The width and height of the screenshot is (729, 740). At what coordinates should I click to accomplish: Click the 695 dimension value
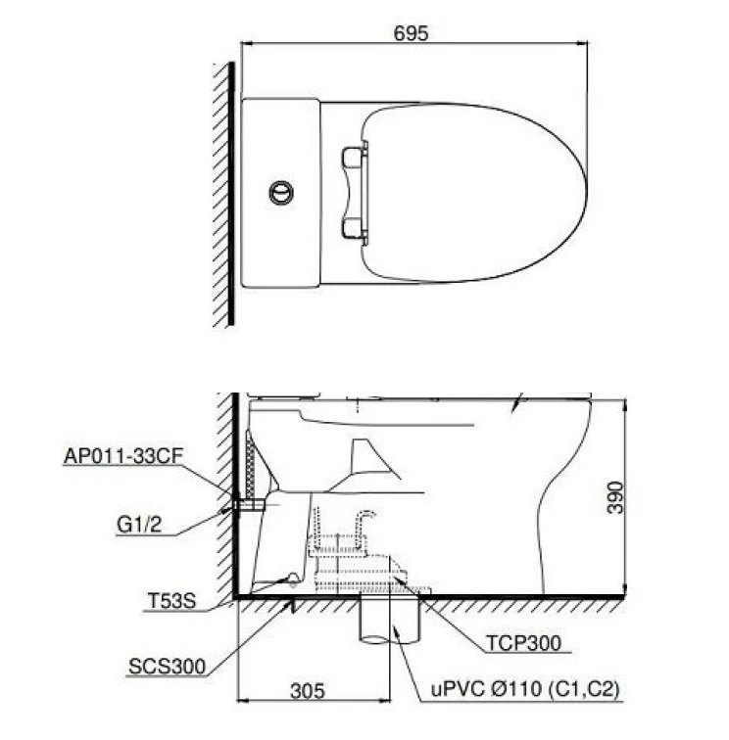413,33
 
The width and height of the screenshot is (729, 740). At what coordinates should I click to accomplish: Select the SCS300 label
167,668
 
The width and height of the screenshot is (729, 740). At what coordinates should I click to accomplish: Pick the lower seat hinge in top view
354,228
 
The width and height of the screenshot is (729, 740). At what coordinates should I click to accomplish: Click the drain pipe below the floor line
392,623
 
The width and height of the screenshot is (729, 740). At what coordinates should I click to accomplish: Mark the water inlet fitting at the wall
247,506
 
